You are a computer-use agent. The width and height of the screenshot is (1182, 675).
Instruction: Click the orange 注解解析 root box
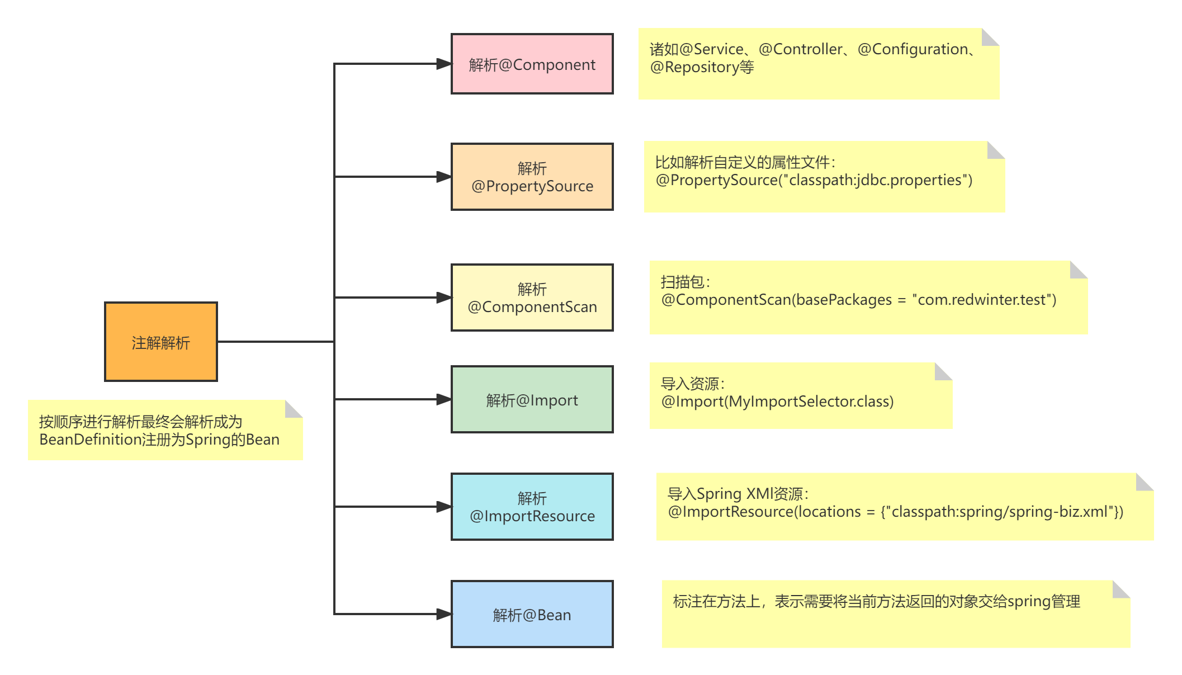tap(161, 342)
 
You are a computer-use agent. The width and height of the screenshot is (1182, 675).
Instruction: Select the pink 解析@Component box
tap(532, 64)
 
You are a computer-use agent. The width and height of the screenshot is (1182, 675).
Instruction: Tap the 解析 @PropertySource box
tap(532, 177)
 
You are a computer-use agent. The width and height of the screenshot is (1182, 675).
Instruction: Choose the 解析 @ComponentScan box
tap(532, 298)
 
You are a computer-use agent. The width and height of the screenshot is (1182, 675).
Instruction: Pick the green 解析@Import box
tap(532, 399)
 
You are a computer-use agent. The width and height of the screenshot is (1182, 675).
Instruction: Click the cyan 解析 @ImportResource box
tap(532, 507)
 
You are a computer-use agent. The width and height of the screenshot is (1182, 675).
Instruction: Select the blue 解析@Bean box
tap(532, 614)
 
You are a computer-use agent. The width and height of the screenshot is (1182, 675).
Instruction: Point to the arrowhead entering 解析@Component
tap(444, 64)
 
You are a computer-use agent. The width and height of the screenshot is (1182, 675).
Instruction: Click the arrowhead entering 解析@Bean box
tap(444, 614)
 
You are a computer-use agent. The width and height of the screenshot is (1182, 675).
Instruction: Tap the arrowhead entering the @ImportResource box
tap(444, 507)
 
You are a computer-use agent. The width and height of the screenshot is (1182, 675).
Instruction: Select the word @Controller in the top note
tap(800, 49)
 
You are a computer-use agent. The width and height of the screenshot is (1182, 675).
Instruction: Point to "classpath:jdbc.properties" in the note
tap(875, 180)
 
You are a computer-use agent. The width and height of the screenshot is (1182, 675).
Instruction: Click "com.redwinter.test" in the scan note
tap(984, 300)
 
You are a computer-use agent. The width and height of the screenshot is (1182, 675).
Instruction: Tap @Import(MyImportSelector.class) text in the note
tap(777, 402)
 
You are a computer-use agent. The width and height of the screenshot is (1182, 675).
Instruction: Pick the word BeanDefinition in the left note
tap(90, 440)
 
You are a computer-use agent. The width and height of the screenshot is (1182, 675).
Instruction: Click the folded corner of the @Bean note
tap(1122, 589)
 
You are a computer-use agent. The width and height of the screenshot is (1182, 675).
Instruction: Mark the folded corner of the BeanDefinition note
tap(294, 409)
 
